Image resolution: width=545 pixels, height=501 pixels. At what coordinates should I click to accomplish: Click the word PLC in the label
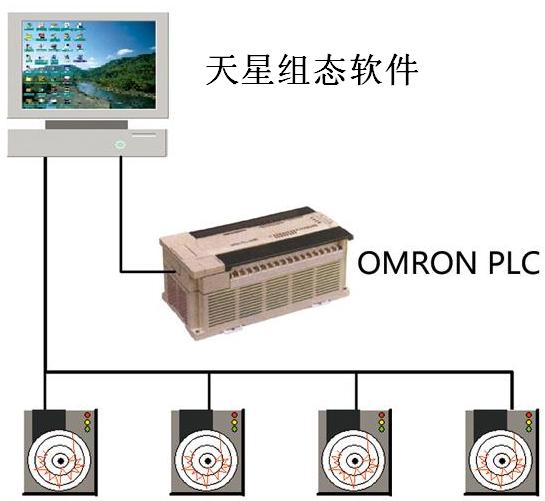click(x=514, y=262)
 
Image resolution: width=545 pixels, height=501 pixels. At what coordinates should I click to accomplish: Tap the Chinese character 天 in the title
click(x=222, y=70)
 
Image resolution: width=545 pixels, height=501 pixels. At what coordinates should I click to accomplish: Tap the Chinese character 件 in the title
click(x=401, y=70)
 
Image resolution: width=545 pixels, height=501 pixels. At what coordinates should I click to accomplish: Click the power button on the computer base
click(x=119, y=144)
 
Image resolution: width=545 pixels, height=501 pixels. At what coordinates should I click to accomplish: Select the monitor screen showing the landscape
click(x=89, y=64)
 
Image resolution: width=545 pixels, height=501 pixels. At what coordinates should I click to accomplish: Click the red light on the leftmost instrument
click(x=87, y=415)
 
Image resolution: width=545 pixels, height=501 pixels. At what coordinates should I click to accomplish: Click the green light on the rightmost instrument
click(x=529, y=429)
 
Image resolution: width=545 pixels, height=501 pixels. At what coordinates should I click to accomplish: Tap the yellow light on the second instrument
click(x=234, y=422)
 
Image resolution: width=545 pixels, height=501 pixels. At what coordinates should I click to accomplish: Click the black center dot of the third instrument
click(x=355, y=461)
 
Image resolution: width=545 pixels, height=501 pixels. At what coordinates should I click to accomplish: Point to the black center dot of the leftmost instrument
click(x=61, y=461)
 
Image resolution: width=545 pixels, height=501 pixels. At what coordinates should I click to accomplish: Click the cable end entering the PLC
click(x=174, y=271)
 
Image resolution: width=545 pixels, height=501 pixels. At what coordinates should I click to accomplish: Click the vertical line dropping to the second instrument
click(x=209, y=391)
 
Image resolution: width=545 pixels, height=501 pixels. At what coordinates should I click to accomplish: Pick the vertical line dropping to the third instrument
click(x=356, y=391)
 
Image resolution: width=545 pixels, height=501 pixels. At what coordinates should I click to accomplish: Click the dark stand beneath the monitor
click(x=87, y=124)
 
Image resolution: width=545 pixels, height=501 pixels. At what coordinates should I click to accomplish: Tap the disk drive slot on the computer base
click(x=144, y=135)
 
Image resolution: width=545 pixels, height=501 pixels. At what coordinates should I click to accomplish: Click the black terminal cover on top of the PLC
click(x=285, y=248)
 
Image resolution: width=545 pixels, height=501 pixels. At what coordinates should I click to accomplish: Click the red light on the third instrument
click(x=381, y=415)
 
